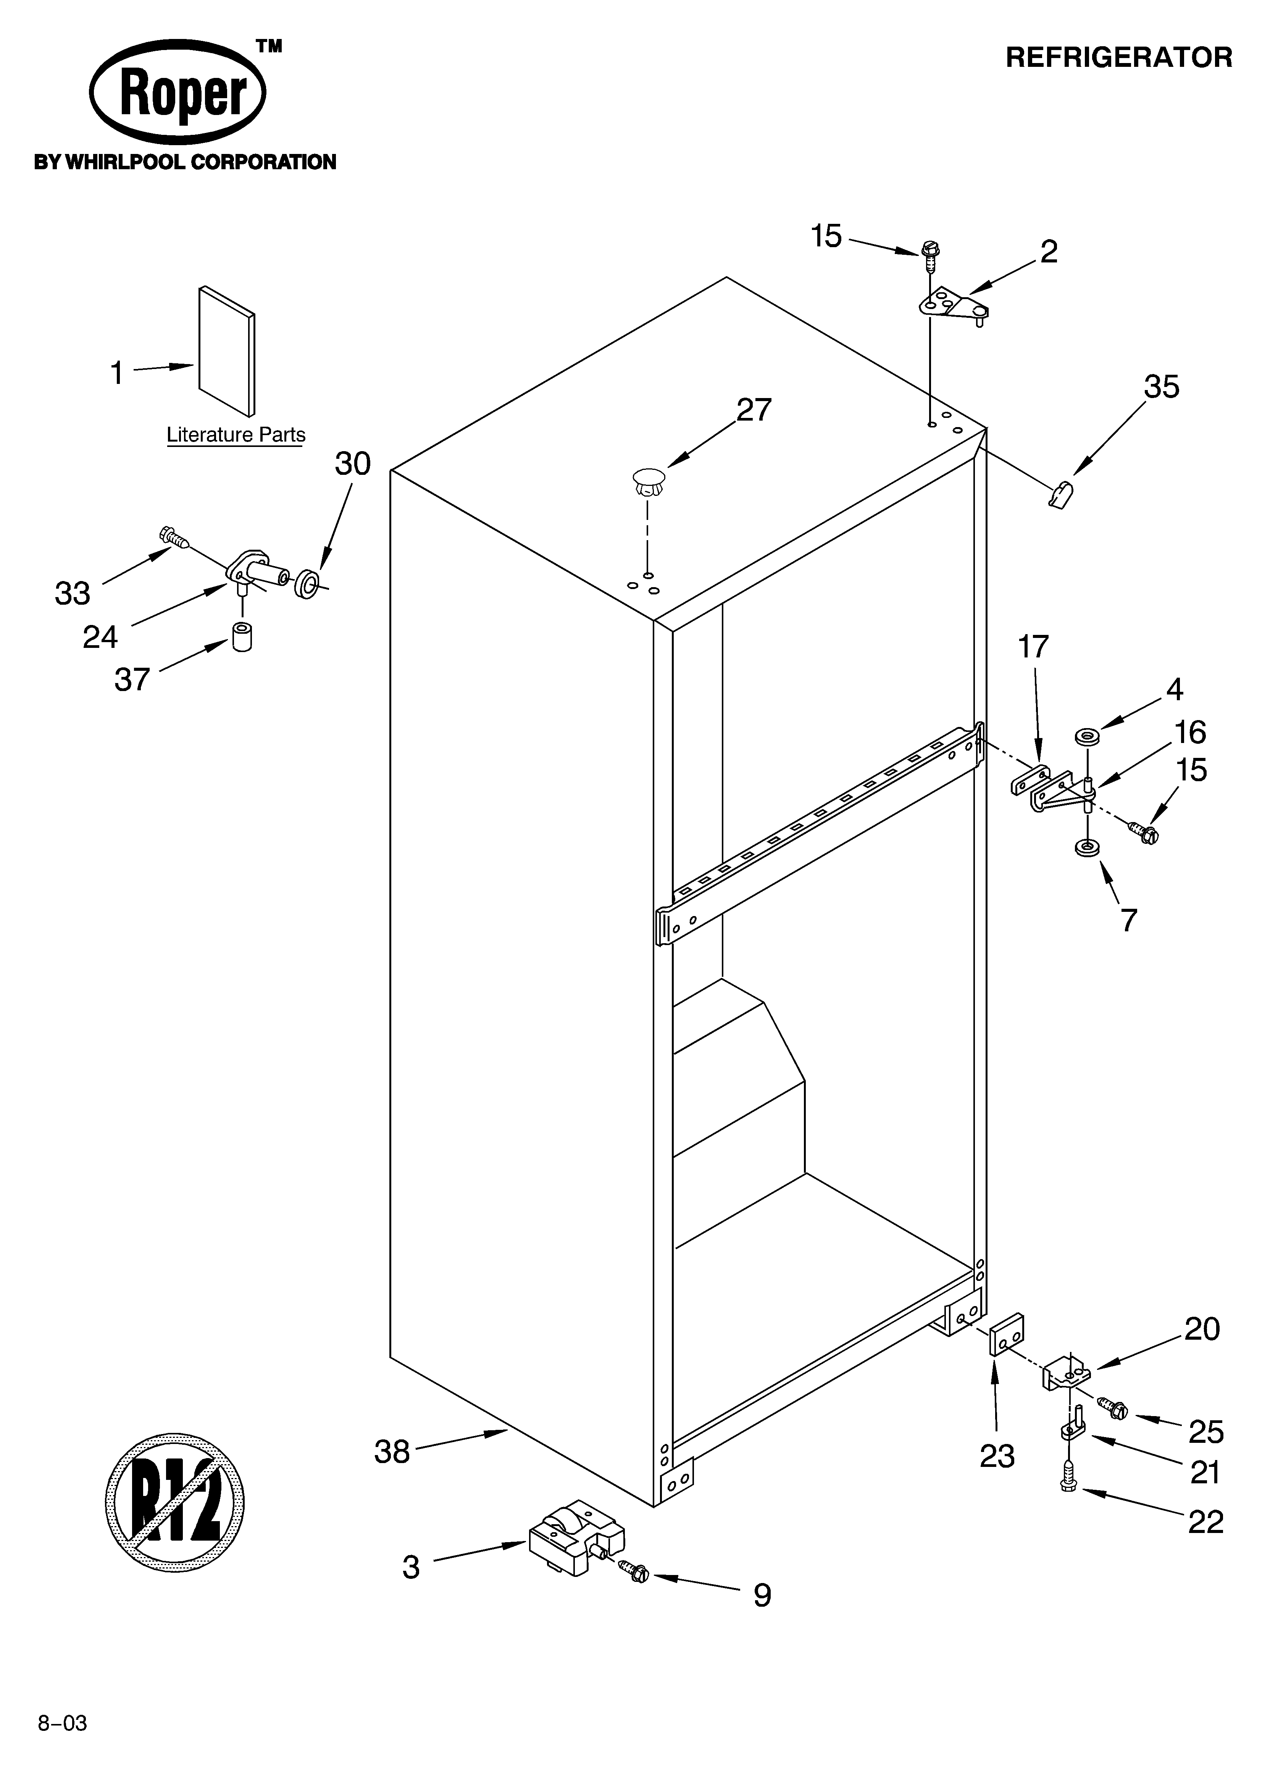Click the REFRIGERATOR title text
point(1118,58)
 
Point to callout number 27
point(754,410)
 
